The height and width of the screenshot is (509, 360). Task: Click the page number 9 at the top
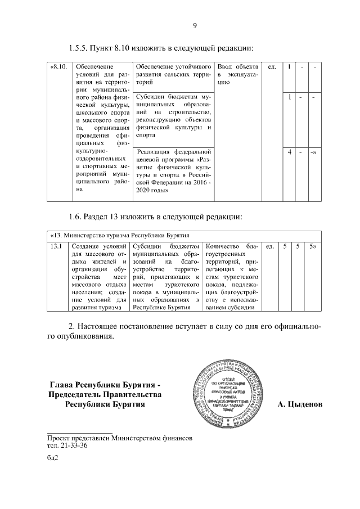tap(194, 26)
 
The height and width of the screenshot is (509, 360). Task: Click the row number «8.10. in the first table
tap(58, 67)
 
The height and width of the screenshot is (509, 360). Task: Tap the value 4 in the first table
tap(289, 152)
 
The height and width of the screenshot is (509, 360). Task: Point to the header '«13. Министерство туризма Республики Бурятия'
tap(120, 235)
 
